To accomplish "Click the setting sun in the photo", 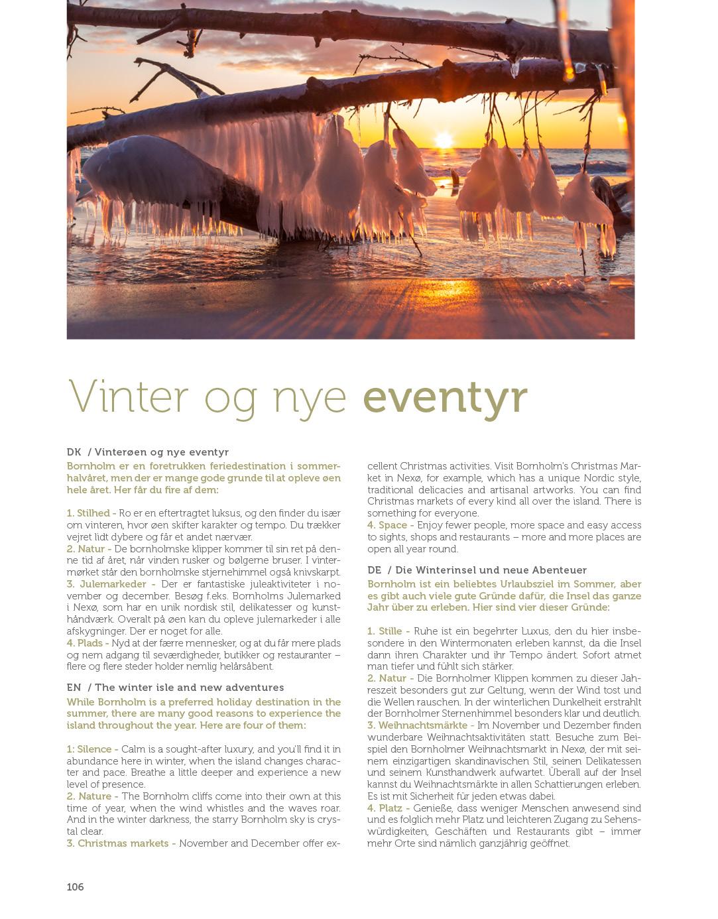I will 442,141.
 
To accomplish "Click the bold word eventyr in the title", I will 446,398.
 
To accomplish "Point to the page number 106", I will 75,887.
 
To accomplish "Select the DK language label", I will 74,452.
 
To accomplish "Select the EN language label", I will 74,688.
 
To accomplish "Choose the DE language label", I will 375,570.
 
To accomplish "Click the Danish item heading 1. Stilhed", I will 89,513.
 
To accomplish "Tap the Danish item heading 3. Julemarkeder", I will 111,584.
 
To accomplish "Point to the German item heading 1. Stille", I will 385,631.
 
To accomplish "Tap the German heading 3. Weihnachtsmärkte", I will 418,725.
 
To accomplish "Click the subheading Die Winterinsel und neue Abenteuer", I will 491,570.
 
